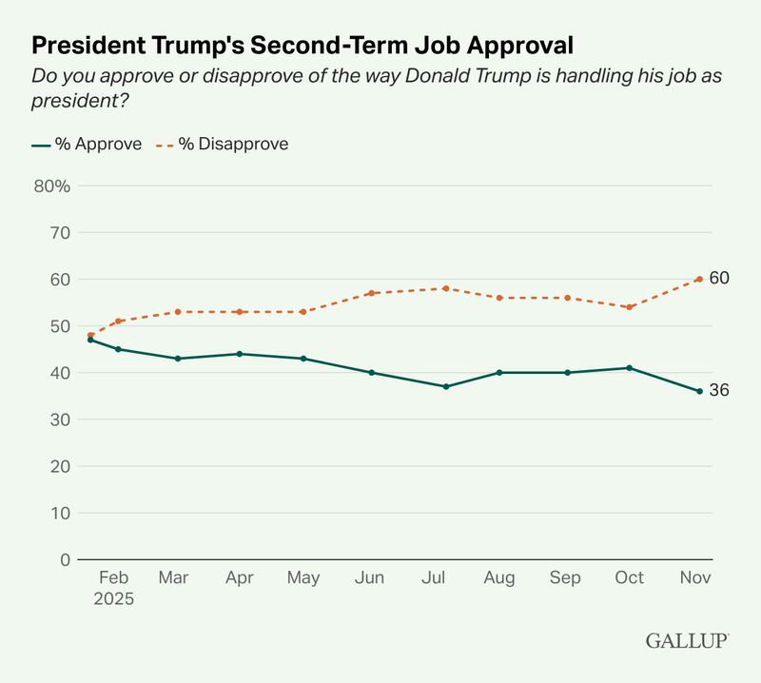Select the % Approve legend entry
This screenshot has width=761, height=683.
click(x=87, y=145)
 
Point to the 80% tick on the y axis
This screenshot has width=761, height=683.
click(x=52, y=185)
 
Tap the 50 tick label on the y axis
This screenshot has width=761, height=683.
click(x=59, y=326)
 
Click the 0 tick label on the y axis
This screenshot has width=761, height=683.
click(x=65, y=560)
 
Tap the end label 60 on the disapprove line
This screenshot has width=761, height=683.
click(x=719, y=278)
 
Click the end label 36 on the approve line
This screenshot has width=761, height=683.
click(x=719, y=391)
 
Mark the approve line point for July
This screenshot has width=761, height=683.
click(x=445, y=386)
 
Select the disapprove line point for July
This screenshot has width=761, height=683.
click(x=445, y=288)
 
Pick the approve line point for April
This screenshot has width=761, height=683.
click(x=239, y=354)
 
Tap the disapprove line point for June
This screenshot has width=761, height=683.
click(x=372, y=293)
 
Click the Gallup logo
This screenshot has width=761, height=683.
click(x=687, y=641)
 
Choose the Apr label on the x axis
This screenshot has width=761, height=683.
click(x=239, y=578)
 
